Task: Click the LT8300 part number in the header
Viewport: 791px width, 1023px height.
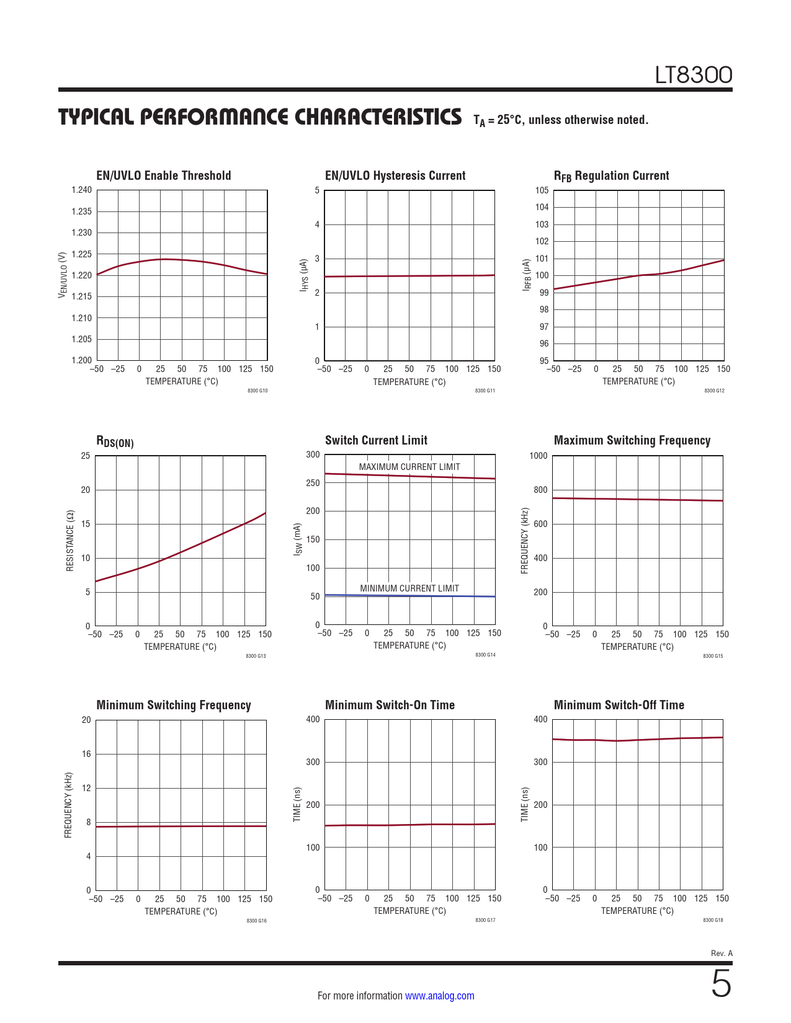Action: (694, 76)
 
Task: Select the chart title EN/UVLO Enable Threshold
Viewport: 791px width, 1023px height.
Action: (164, 175)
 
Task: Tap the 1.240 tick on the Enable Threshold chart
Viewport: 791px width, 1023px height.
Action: (81, 190)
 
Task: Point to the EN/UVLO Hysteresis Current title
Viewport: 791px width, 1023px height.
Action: (395, 175)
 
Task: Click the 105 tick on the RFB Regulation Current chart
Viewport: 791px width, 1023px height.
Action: (542, 190)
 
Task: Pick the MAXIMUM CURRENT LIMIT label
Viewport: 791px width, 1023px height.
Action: (409, 467)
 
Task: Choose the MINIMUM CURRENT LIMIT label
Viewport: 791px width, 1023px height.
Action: (409, 588)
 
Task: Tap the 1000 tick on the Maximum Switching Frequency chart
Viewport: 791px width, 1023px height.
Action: (539, 456)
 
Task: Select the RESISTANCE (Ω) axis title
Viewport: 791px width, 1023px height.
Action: (70, 541)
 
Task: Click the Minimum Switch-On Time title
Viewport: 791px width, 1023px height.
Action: (390, 705)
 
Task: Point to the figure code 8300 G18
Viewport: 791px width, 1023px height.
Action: (713, 920)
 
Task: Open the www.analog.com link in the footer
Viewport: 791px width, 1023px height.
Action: (439, 996)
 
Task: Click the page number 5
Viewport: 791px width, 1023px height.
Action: (721, 984)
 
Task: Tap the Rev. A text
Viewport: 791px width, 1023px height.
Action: (722, 953)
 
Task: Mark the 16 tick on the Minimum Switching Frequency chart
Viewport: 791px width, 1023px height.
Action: (86, 754)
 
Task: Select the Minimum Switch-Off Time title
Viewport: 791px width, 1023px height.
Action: (619, 705)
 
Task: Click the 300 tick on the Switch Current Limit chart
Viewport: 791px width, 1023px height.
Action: (313, 454)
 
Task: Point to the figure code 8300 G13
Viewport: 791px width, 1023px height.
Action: (256, 656)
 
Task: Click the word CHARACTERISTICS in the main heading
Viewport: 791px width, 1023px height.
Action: (378, 117)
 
